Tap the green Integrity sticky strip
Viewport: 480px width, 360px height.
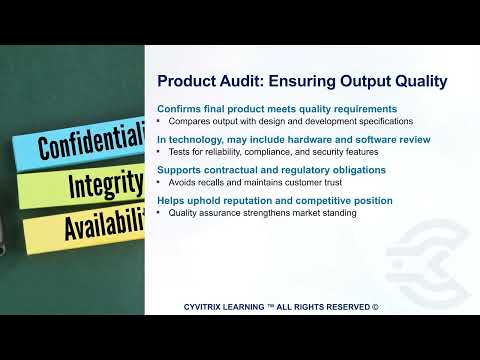pyautogui.click(x=85, y=188)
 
